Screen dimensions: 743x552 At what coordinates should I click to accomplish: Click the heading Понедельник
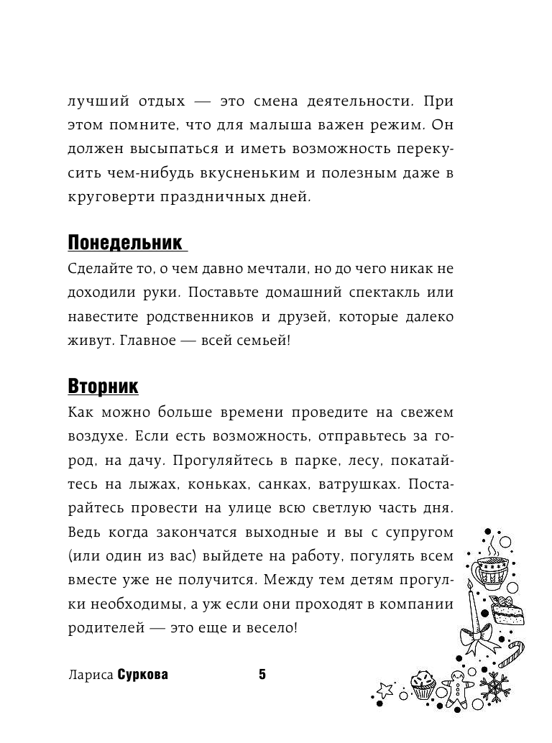125,242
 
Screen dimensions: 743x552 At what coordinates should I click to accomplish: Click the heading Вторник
103,387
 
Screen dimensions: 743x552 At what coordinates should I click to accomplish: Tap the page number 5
262,674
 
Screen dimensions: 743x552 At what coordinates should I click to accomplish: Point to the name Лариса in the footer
89,675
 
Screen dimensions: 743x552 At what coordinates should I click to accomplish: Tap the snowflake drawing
494,686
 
